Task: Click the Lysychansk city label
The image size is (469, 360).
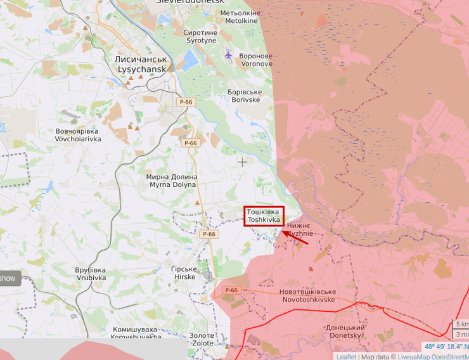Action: (140, 63)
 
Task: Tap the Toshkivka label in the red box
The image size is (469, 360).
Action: (264, 215)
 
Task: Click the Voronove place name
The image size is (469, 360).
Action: (255, 60)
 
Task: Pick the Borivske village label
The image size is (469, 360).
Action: (244, 96)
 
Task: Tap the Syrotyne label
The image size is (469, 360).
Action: (200, 36)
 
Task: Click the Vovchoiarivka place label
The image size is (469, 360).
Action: (78, 134)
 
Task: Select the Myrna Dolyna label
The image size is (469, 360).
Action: (172, 181)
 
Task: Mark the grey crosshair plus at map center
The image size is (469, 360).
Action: (242, 162)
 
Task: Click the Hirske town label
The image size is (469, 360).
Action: (184, 273)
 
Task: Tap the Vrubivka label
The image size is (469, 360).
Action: (91, 274)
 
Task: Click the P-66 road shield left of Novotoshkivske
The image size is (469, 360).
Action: (231, 290)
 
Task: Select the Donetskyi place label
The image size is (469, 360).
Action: (345, 331)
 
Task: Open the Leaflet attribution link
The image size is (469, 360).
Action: (346, 356)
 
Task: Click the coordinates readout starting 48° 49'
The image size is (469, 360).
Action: (446, 347)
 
